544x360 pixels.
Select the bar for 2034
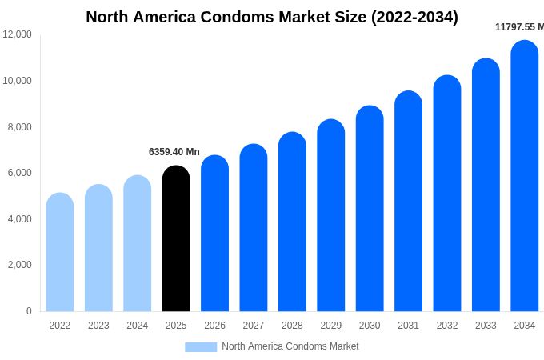(x=525, y=176)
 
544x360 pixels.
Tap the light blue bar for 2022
(x=60, y=252)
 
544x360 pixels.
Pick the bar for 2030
(x=370, y=208)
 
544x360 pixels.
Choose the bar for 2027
(x=254, y=228)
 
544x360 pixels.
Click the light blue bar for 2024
(x=138, y=243)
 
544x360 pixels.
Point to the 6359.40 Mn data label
(x=174, y=152)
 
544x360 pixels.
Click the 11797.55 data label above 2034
(x=519, y=27)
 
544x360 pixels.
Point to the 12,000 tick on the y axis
(x=18, y=34)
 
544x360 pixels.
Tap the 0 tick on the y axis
(x=29, y=311)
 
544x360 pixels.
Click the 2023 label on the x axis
(x=98, y=326)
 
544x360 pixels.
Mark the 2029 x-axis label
(x=331, y=326)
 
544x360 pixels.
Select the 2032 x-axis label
(x=447, y=326)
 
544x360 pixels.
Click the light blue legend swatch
(x=201, y=346)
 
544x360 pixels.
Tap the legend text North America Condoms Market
(x=290, y=346)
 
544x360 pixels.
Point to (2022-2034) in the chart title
(x=414, y=17)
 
